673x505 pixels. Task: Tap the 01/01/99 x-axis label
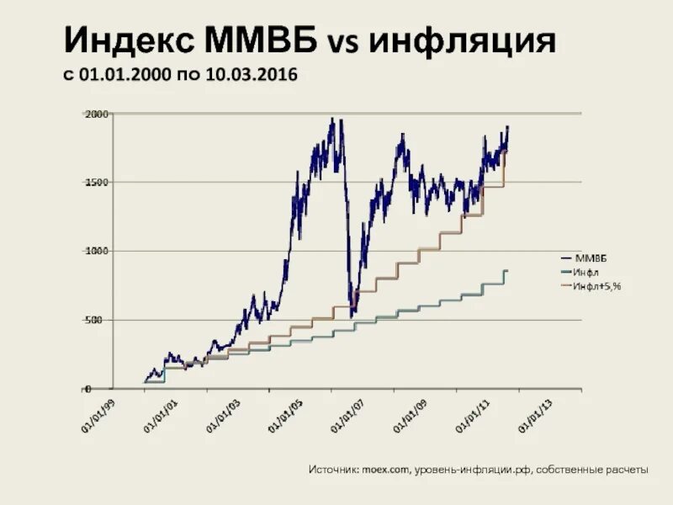point(98,415)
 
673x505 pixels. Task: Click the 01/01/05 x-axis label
point(285,415)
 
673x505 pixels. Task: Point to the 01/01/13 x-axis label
point(535,415)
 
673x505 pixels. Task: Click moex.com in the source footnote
point(386,470)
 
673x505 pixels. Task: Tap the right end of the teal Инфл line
point(507,270)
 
